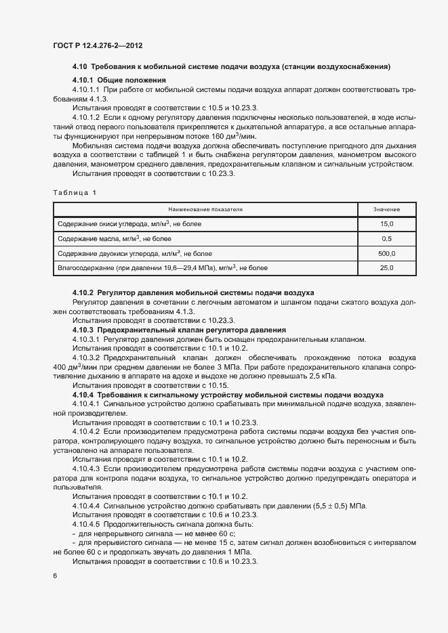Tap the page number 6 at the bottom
[x=54, y=575]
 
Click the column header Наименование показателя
[x=201, y=210]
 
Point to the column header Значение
[x=387, y=210]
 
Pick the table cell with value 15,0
[x=387, y=223]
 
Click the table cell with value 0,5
[x=387, y=238]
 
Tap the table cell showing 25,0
[x=387, y=268]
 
